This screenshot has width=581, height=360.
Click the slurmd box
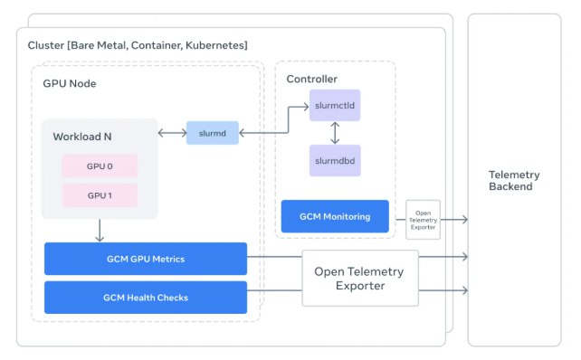[213, 133]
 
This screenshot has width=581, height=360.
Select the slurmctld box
[335, 105]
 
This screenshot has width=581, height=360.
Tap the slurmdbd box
[335, 160]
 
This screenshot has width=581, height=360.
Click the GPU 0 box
[100, 166]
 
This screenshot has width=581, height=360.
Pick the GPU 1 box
[100, 195]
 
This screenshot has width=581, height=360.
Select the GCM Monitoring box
[335, 216]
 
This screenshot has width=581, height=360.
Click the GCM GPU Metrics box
[146, 259]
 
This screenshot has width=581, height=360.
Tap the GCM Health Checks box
[146, 298]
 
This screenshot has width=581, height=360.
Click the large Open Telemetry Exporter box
[360, 279]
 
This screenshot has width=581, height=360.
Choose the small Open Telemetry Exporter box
[424, 220]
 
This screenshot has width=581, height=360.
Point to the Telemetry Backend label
[514, 180]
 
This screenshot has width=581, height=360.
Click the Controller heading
[311, 79]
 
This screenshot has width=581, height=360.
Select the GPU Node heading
[70, 83]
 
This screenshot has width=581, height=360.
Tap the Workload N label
[82, 137]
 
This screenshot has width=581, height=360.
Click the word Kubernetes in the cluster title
[216, 45]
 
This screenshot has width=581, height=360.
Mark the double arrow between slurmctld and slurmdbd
[335, 133]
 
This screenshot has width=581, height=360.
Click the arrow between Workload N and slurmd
[172, 133]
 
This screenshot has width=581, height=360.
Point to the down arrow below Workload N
[100, 231]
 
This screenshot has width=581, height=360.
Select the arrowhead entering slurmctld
[306, 107]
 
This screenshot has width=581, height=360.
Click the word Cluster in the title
[46, 45]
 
